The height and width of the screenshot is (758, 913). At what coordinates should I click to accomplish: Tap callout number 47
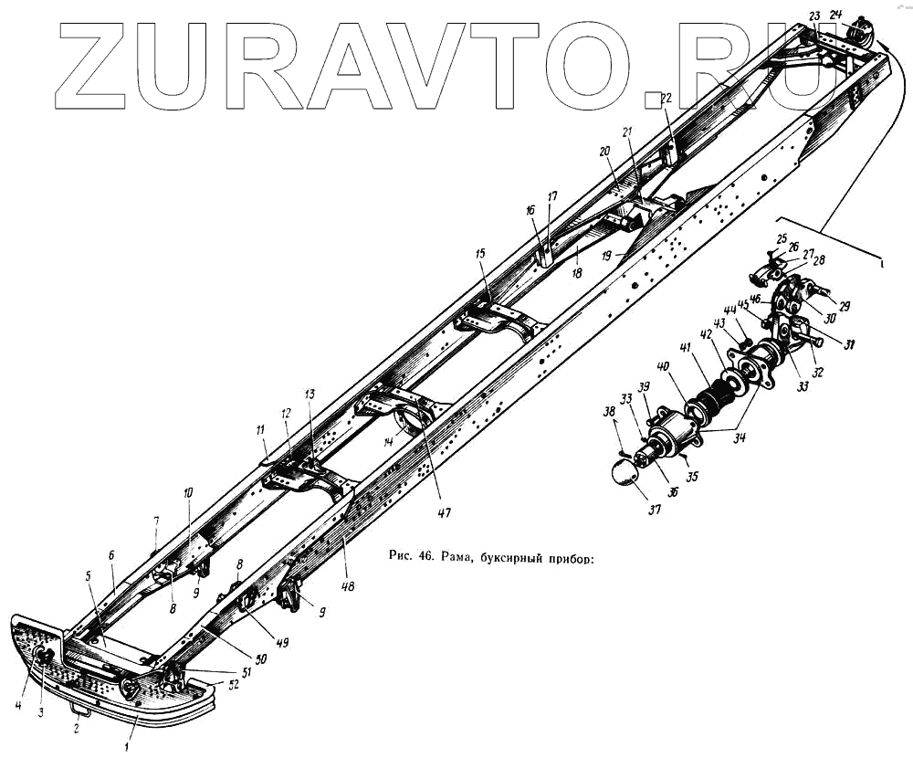click(444, 512)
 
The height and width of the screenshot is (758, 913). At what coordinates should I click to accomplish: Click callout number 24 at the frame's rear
click(835, 14)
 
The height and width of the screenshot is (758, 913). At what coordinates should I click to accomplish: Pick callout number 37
click(654, 510)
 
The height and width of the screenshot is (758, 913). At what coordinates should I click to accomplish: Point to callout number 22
click(666, 98)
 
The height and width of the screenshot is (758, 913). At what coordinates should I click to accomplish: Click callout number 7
click(156, 521)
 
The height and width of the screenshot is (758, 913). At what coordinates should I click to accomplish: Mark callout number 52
click(234, 685)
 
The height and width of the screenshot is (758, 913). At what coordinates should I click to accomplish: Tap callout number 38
click(608, 412)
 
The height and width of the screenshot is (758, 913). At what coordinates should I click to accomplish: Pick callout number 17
click(552, 195)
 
